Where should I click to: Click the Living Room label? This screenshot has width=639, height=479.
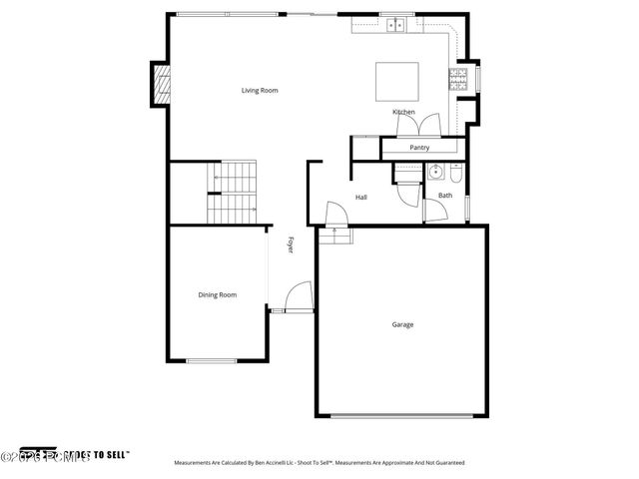pos(260,91)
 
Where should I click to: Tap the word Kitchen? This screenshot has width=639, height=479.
pos(403,112)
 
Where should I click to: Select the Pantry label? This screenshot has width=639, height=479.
pos(419,148)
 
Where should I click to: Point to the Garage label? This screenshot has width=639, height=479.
pos(402,324)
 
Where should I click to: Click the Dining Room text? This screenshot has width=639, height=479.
pos(217,294)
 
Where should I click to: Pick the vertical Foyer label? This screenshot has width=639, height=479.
pos(291,243)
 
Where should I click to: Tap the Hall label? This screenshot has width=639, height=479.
pos(360,198)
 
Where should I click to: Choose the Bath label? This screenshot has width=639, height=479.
pos(444,196)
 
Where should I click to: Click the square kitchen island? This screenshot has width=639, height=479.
pos(395,82)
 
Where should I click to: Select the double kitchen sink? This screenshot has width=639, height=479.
pos(394,24)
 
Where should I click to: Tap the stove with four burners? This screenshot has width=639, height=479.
pos(462,80)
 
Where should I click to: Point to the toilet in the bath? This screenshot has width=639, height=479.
pos(454,176)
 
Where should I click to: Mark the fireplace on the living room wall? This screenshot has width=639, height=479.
pos(159,84)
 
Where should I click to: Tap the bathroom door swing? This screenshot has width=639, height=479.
pos(435,210)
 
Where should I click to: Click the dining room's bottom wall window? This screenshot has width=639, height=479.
pos(212,360)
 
